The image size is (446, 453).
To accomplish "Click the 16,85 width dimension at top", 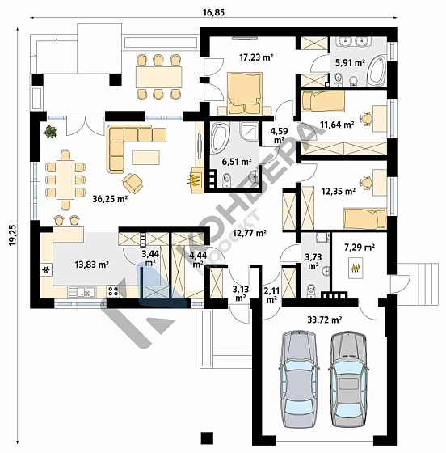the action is tap(213, 12).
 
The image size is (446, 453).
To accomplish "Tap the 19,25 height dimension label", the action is tap(13, 235).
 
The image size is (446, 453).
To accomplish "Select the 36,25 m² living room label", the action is tap(110, 199).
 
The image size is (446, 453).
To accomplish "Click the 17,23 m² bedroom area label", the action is tap(256, 57).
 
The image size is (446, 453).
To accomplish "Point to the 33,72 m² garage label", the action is tap(325, 320).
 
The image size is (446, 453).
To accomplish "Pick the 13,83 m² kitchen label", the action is tap(92, 264).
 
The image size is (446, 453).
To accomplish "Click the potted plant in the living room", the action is tap(50, 131).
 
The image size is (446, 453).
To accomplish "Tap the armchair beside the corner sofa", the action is tap(133, 183).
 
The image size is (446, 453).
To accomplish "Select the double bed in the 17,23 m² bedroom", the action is tap(245, 93).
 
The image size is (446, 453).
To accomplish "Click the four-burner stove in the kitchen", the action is tap(113, 291).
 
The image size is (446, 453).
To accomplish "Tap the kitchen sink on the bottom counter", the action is tap(82, 292).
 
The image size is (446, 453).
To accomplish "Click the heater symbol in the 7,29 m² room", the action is tap(356, 268).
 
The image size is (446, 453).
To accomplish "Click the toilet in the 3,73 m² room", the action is tap(312, 290).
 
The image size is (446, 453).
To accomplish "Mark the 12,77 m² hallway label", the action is tap(250, 233).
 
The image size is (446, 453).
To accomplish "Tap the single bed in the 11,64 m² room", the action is tap(323, 100).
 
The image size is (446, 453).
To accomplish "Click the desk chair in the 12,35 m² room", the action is tap(366, 183).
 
